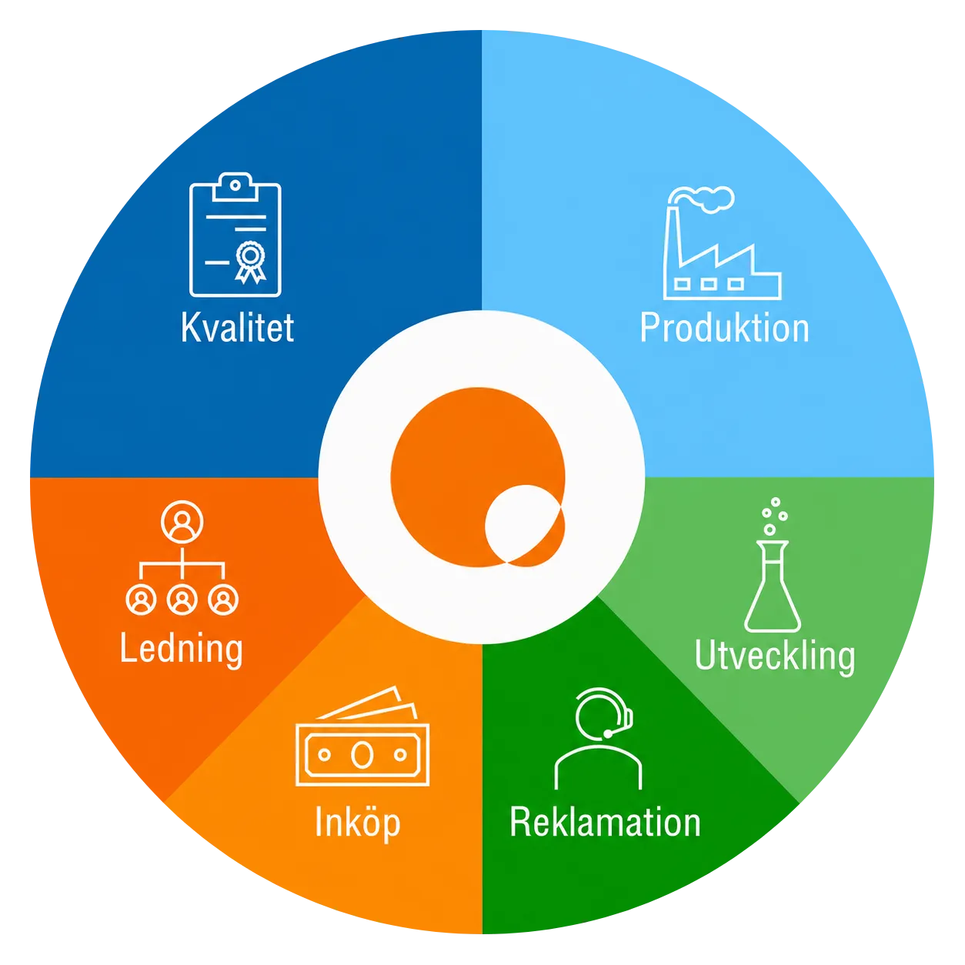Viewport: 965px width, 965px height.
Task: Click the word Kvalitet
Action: pyautogui.click(x=237, y=328)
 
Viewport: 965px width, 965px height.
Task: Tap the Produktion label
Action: pyautogui.click(x=724, y=328)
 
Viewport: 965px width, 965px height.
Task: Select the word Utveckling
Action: pyautogui.click(x=775, y=656)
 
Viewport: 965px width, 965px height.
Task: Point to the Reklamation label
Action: pyautogui.click(x=605, y=823)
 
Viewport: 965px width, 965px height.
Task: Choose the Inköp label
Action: pyautogui.click(x=358, y=824)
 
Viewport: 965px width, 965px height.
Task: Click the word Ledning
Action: pyautogui.click(x=182, y=649)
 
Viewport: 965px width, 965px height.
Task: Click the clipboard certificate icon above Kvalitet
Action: pyautogui.click(x=235, y=235)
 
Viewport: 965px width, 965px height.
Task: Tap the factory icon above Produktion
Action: pyautogui.click(x=723, y=243)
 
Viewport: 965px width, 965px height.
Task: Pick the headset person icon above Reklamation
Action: pyautogui.click(x=599, y=739)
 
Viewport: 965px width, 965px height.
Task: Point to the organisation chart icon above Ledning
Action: pyautogui.click(x=182, y=558)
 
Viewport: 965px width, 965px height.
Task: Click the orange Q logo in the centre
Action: pyautogui.click(x=477, y=477)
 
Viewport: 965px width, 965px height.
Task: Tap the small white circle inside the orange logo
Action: pyautogui.click(x=524, y=523)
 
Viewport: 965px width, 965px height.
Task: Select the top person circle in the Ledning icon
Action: pyautogui.click(x=182, y=522)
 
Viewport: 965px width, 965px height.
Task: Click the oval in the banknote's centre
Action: pyautogui.click(x=362, y=755)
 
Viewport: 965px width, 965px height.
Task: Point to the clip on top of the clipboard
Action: pyautogui.click(x=235, y=187)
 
